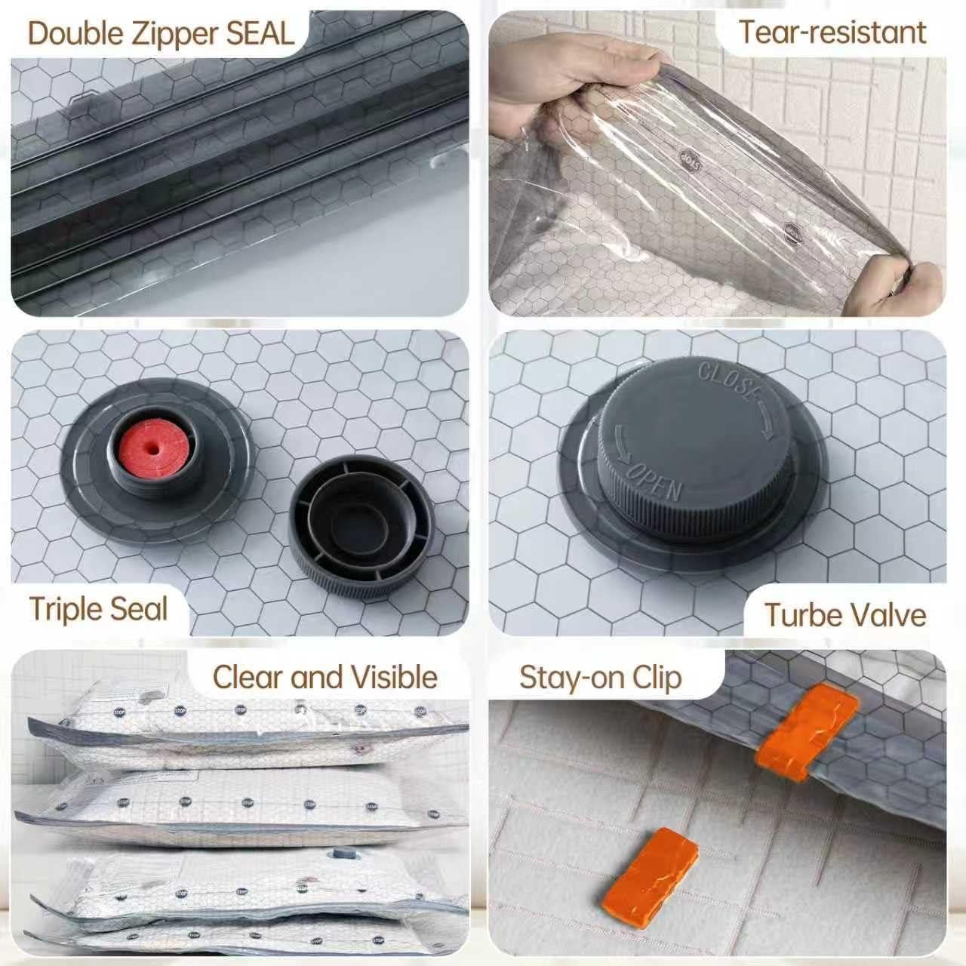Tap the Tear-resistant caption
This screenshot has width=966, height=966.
832,32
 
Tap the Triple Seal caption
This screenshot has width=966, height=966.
98,608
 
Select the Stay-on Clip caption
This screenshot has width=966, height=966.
600,677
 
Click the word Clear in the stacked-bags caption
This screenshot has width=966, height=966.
248,677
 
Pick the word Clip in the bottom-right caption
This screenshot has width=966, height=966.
657,677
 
